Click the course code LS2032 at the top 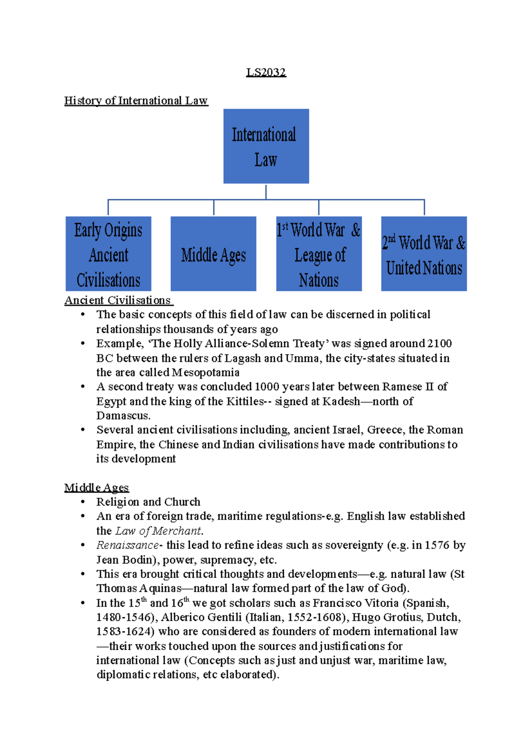(x=266, y=72)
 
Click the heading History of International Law (x=136, y=101)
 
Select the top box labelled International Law (x=266, y=146)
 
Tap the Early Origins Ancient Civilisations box (x=108, y=254)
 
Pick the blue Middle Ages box (x=213, y=254)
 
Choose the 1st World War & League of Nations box (x=319, y=254)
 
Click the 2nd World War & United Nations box (x=424, y=254)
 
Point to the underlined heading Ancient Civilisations (x=118, y=300)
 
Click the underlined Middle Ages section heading (x=96, y=488)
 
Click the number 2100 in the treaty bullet (x=439, y=344)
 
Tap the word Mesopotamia (x=206, y=373)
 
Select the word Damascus (x=123, y=416)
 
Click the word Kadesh (x=341, y=401)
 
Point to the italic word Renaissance (x=127, y=545)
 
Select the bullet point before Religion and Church (x=82, y=502)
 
